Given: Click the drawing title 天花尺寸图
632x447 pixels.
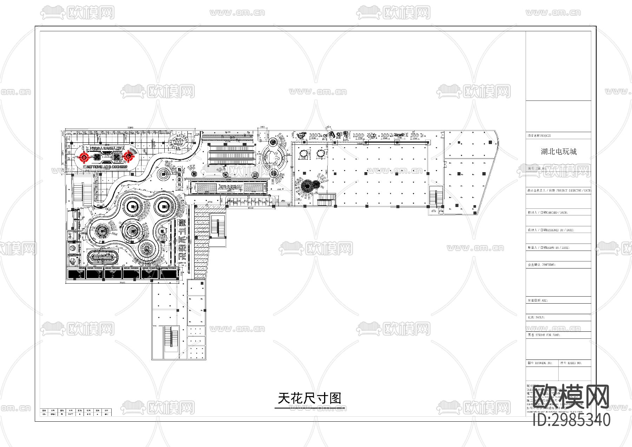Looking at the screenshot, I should pos(309,398).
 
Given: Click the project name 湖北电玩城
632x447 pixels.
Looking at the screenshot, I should pos(559,151).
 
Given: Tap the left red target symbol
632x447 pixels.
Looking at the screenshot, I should pos(84,157).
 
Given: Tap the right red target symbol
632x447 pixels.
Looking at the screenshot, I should pos(128,156).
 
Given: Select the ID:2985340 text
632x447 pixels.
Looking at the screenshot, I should pos(572,420).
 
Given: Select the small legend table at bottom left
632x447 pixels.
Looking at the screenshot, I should pos(76,412).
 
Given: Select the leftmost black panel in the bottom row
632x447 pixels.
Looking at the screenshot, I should pos(76,273).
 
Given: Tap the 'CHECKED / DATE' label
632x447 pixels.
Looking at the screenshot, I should pos(548,213).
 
